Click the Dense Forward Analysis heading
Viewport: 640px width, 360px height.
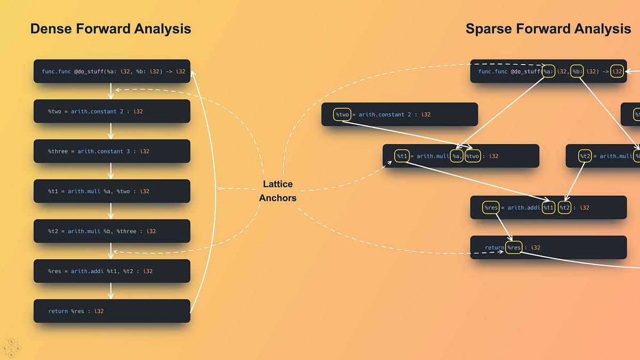110,29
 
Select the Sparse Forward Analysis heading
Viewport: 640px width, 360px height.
548,29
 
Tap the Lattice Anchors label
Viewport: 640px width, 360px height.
277,191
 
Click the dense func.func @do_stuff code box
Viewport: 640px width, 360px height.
112,71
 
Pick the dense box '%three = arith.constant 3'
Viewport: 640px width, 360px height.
112,151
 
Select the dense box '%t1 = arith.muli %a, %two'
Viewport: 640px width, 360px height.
112,191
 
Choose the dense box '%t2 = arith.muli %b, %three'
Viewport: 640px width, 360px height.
112,231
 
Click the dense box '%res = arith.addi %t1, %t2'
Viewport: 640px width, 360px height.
112,271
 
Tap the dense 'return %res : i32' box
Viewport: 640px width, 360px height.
112,311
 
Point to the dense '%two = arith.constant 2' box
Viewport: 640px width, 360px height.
112,111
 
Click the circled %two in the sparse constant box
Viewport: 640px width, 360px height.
342,114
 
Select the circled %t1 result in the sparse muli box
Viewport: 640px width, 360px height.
402,156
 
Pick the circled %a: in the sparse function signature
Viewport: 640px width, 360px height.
549,71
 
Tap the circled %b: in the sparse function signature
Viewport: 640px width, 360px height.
577,71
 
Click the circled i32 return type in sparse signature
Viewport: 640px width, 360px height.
617,71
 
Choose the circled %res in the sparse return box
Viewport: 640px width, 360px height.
514,247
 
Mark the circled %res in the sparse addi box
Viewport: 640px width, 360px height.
490,207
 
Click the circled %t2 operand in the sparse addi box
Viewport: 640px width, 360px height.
565,207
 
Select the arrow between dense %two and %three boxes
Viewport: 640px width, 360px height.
111,131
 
